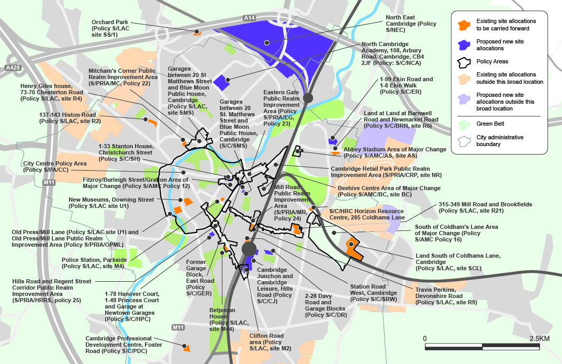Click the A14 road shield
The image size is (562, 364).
[x=250, y=18]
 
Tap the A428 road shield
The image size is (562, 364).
[x=12, y=68]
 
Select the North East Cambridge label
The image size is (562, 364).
[x=411, y=24]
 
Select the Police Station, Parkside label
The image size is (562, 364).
[x=94, y=263]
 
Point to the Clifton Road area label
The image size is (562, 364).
[x=266, y=342]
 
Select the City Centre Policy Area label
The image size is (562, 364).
[x=54, y=167]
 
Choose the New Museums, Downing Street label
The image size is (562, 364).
[x=111, y=203]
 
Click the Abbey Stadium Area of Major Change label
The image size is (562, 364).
[x=395, y=152]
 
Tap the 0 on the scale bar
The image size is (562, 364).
[x=425, y=338]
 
